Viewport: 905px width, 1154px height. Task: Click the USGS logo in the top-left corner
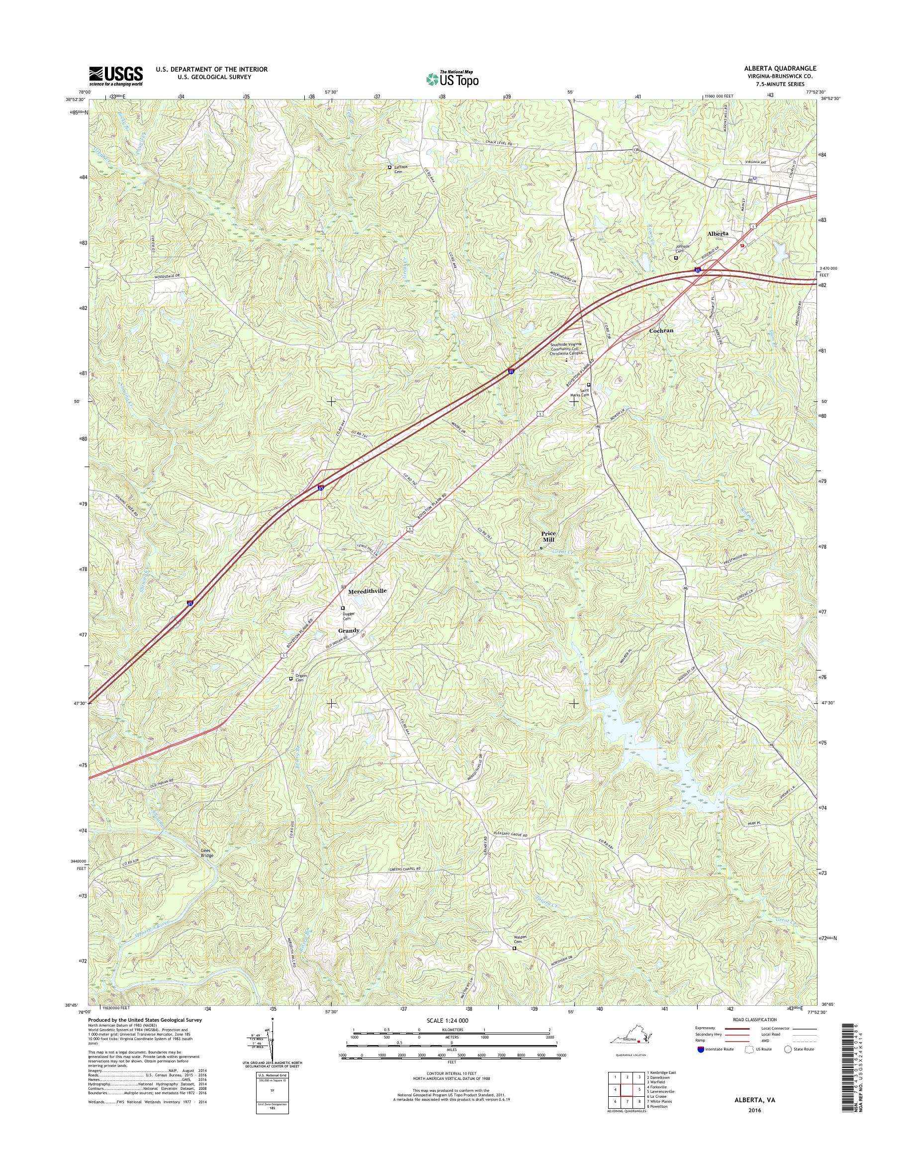115,76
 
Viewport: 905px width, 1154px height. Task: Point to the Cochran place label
661,330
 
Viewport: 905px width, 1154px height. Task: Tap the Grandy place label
349,630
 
